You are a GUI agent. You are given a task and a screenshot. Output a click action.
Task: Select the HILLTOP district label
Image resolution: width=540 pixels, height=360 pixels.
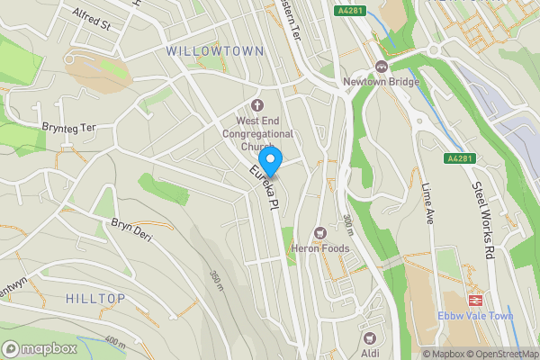coord(94,297)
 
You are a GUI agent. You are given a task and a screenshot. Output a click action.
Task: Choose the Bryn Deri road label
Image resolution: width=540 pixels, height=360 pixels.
coord(131,229)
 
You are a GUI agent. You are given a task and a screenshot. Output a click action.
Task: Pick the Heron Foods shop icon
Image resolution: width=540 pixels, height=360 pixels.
coord(318,233)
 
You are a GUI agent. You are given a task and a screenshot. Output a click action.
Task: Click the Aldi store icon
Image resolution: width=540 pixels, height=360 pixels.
coord(368,337)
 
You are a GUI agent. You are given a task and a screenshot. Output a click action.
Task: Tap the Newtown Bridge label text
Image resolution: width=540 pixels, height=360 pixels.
coord(381,82)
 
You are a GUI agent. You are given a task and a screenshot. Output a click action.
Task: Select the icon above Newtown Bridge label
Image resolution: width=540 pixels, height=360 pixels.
coord(381,66)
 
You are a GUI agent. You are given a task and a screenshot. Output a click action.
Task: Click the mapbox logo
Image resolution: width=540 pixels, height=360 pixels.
coord(40,348)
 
